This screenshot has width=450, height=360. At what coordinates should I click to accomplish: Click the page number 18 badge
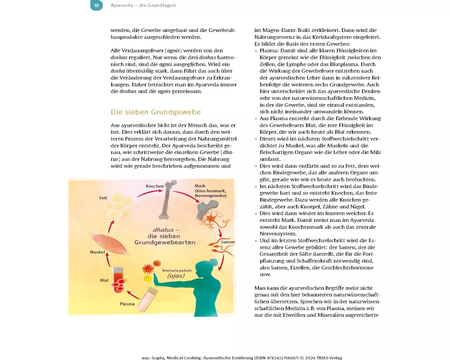click(96, 5)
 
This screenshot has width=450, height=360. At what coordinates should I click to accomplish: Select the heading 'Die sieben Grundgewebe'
click(156, 112)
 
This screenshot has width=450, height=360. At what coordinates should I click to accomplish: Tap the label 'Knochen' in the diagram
click(155, 186)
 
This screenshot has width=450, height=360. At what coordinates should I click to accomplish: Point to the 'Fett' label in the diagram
click(103, 198)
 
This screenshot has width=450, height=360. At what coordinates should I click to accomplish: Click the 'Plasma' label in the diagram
click(127, 304)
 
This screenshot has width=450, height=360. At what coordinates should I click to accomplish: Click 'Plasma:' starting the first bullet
click(269, 51)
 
